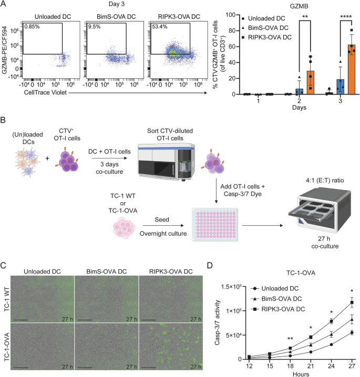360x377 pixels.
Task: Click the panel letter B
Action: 4,120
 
